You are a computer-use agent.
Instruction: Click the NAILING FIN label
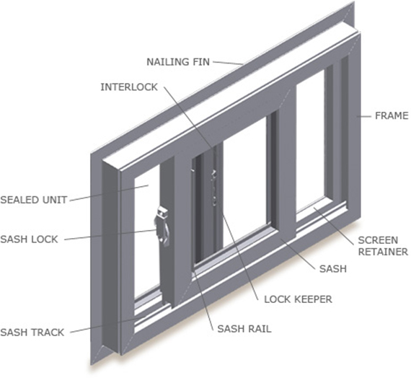(x=178, y=62)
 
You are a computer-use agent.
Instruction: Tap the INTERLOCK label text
(x=129, y=87)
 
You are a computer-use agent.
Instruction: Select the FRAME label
(x=392, y=115)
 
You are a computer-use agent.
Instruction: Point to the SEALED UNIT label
(x=34, y=200)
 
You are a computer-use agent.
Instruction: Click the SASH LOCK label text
(x=29, y=239)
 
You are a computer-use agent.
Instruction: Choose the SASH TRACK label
(x=32, y=333)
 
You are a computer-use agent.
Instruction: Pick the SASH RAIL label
(x=244, y=329)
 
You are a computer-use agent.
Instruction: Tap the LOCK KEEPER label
(x=298, y=299)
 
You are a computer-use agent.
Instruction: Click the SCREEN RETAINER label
(x=383, y=246)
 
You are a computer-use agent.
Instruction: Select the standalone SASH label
(x=333, y=269)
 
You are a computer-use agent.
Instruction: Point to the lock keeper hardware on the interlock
(x=214, y=187)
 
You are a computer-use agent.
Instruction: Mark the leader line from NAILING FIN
(x=228, y=63)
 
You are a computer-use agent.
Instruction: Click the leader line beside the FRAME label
(x=364, y=116)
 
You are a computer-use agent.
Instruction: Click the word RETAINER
(x=383, y=252)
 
